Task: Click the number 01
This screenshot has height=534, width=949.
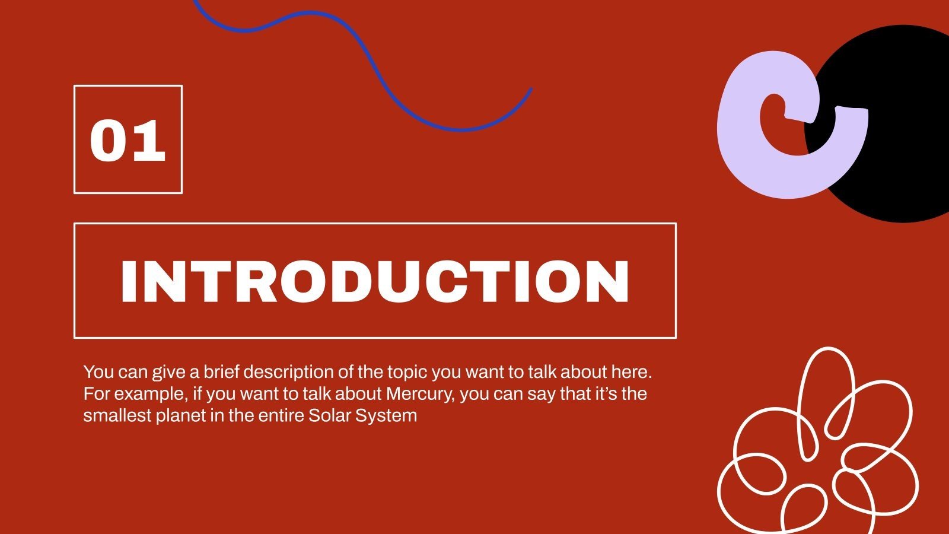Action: coord(128,140)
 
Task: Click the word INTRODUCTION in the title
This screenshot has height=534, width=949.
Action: coord(375,281)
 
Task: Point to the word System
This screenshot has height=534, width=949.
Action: coord(386,415)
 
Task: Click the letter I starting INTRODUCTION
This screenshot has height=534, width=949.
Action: coord(128,281)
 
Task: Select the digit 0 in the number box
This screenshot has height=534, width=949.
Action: coord(109,140)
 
